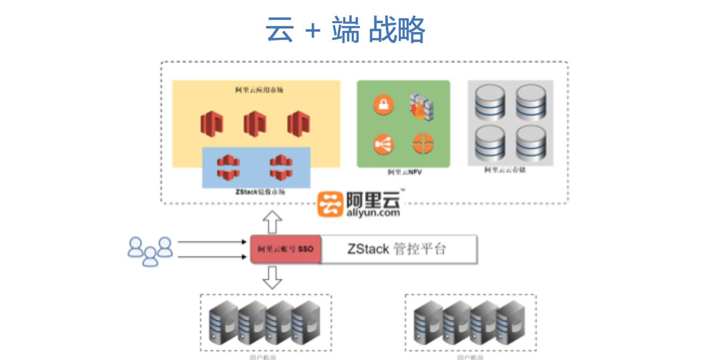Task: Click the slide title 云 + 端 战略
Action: tap(345, 30)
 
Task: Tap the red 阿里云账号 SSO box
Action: tap(286, 249)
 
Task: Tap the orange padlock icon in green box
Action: tap(384, 105)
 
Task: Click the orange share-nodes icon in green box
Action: tap(384, 144)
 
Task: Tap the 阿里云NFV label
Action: tap(404, 173)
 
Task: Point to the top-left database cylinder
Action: tap(489, 103)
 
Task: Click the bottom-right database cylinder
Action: tap(531, 142)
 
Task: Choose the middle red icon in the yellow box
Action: tap(256, 124)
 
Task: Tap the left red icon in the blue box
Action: tap(227, 167)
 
